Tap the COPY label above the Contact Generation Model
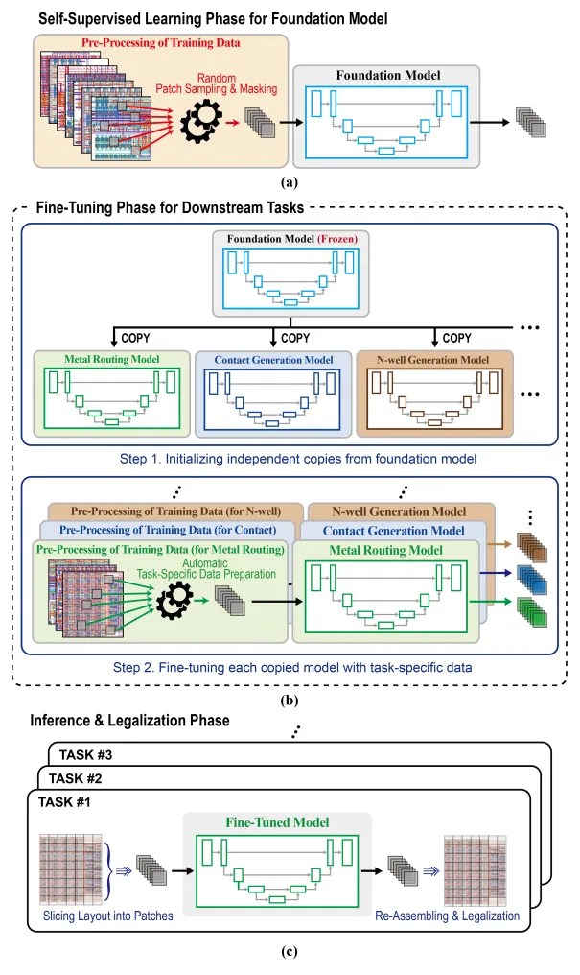click(296, 338)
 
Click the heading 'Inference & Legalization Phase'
click(129, 721)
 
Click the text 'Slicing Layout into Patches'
click(107, 916)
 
